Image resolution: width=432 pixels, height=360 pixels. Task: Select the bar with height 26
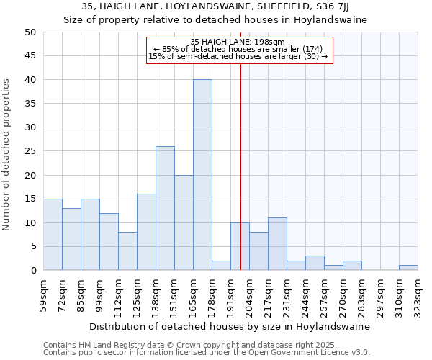point(165,208)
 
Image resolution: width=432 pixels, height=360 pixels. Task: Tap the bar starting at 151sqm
point(184,222)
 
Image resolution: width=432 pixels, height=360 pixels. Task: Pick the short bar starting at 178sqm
point(221,266)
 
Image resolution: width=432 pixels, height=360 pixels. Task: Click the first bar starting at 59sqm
point(53,234)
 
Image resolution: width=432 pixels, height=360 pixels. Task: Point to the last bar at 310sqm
point(408,268)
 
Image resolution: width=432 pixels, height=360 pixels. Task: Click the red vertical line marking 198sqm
point(240,180)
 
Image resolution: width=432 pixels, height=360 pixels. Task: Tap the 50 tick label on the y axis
point(30,32)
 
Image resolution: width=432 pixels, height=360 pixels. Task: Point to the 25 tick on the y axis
point(30,151)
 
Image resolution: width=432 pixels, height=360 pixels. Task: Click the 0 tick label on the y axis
point(32,271)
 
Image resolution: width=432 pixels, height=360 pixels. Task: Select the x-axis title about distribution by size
point(230,326)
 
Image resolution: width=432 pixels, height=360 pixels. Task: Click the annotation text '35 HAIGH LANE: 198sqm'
point(238,42)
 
